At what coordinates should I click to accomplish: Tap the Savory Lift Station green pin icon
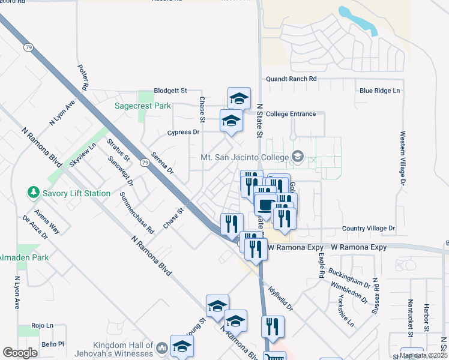tap(33, 193)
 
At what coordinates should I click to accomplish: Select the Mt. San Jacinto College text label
tap(244, 158)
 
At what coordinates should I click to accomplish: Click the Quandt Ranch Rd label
tap(291, 79)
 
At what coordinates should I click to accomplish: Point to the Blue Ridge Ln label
tap(379, 91)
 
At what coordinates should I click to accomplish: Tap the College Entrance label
tap(291, 113)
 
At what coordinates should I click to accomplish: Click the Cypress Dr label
tap(184, 132)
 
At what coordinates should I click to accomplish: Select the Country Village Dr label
tap(369, 229)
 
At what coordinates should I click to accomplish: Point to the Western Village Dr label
tap(402, 158)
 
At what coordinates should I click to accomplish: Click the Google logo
tap(20, 353)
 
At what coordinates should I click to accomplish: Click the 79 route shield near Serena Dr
tap(145, 163)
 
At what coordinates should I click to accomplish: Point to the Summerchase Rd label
tap(137, 212)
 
